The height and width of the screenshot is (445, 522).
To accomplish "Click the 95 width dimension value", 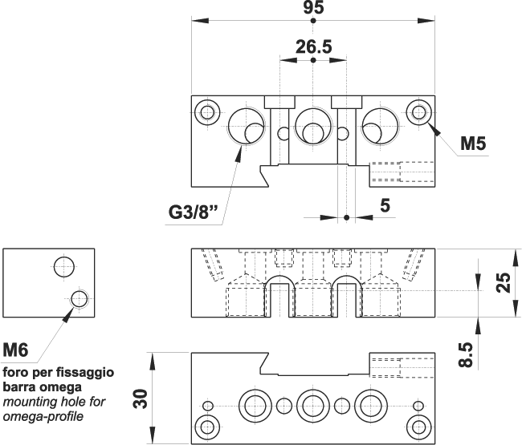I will [x=313, y=9].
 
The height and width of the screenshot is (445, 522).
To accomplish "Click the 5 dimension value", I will [x=385, y=206].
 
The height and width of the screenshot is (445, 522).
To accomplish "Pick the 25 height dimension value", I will [x=503, y=282].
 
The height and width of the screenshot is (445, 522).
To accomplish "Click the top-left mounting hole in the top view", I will [x=208, y=111].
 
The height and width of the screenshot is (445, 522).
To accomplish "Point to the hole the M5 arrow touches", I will [x=418, y=111].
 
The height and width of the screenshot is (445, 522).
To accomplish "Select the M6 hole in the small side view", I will [x=79, y=299].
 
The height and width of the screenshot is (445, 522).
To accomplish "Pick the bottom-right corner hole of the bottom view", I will [x=417, y=424].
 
